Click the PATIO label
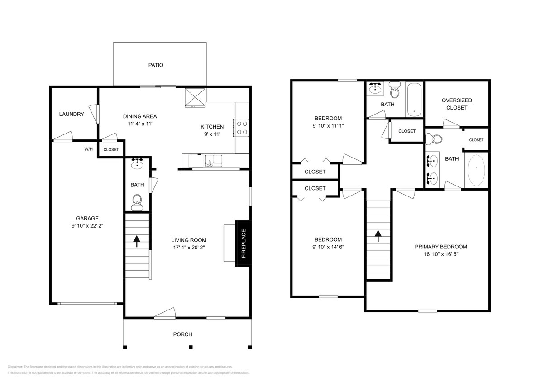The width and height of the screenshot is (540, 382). click(x=155, y=65)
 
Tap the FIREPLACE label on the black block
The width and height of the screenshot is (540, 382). click(x=243, y=244)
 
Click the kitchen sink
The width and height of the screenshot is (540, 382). click(x=213, y=160)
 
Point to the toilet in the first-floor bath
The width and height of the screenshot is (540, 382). click(x=137, y=201)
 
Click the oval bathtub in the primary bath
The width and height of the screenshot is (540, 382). click(x=476, y=170)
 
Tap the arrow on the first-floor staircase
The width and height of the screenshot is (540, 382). click(x=137, y=241)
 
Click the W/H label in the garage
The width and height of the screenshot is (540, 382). click(x=89, y=149)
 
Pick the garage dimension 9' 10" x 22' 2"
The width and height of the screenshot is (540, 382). click(x=87, y=225)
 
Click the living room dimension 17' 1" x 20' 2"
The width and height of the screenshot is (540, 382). click(x=188, y=247)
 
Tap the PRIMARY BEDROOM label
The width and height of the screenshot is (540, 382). click(x=440, y=247)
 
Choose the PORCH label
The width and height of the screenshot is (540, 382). click(x=182, y=334)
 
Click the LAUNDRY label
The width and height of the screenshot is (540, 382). click(x=72, y=114)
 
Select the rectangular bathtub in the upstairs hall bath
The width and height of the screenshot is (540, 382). click(x=414, y=99)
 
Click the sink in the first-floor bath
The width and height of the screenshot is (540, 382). click(x=137, y=165)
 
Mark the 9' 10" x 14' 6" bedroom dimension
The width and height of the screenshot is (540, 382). click(x=328, y=247)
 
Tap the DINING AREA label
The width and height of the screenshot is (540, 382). click(x=140, y=116)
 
